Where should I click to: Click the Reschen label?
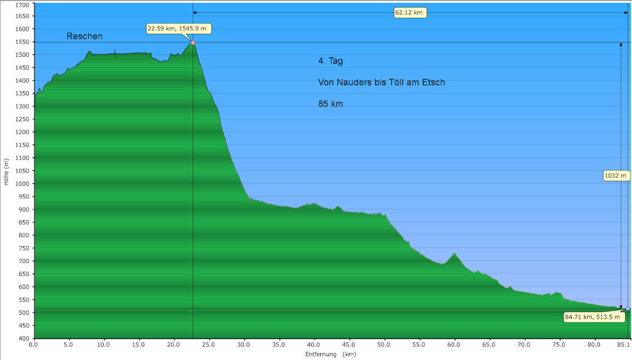(x=85, y=36)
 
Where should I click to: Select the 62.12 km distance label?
(x=410, y=12)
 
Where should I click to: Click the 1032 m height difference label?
(x=615, y=176)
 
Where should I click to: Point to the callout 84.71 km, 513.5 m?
(x=592, y=317)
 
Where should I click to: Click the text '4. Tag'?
(x=330, y=61)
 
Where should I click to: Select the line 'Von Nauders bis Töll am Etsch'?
(x=381, y=83)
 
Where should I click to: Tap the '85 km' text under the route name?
(x=331, y=104)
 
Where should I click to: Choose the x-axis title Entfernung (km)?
(x=330, y=354)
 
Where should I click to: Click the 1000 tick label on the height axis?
(x=22, y=184)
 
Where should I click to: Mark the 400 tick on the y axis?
(x=23, y=338)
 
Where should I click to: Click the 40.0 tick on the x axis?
(x=314, y=344)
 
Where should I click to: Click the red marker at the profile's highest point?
(x=193, y=43)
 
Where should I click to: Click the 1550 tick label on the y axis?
(x=22, y=42)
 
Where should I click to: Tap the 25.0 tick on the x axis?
(x=209, y=344)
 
